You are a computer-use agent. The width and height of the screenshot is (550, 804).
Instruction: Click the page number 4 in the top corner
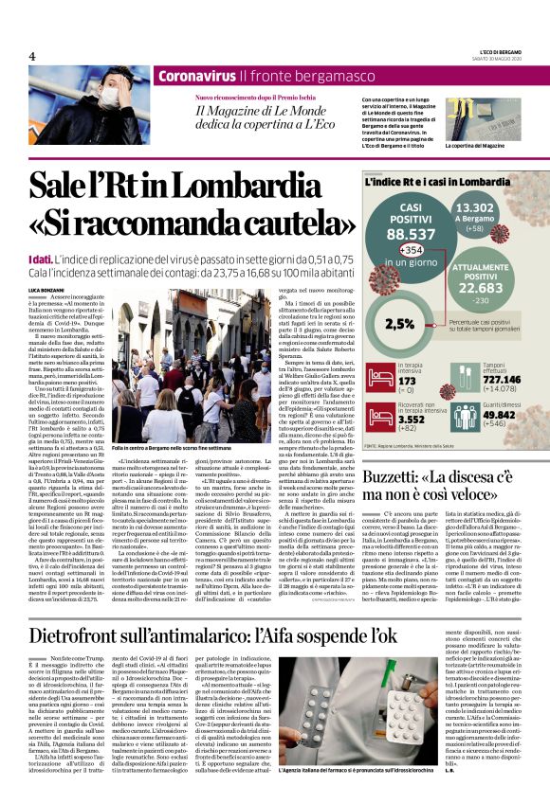pos(32,56)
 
